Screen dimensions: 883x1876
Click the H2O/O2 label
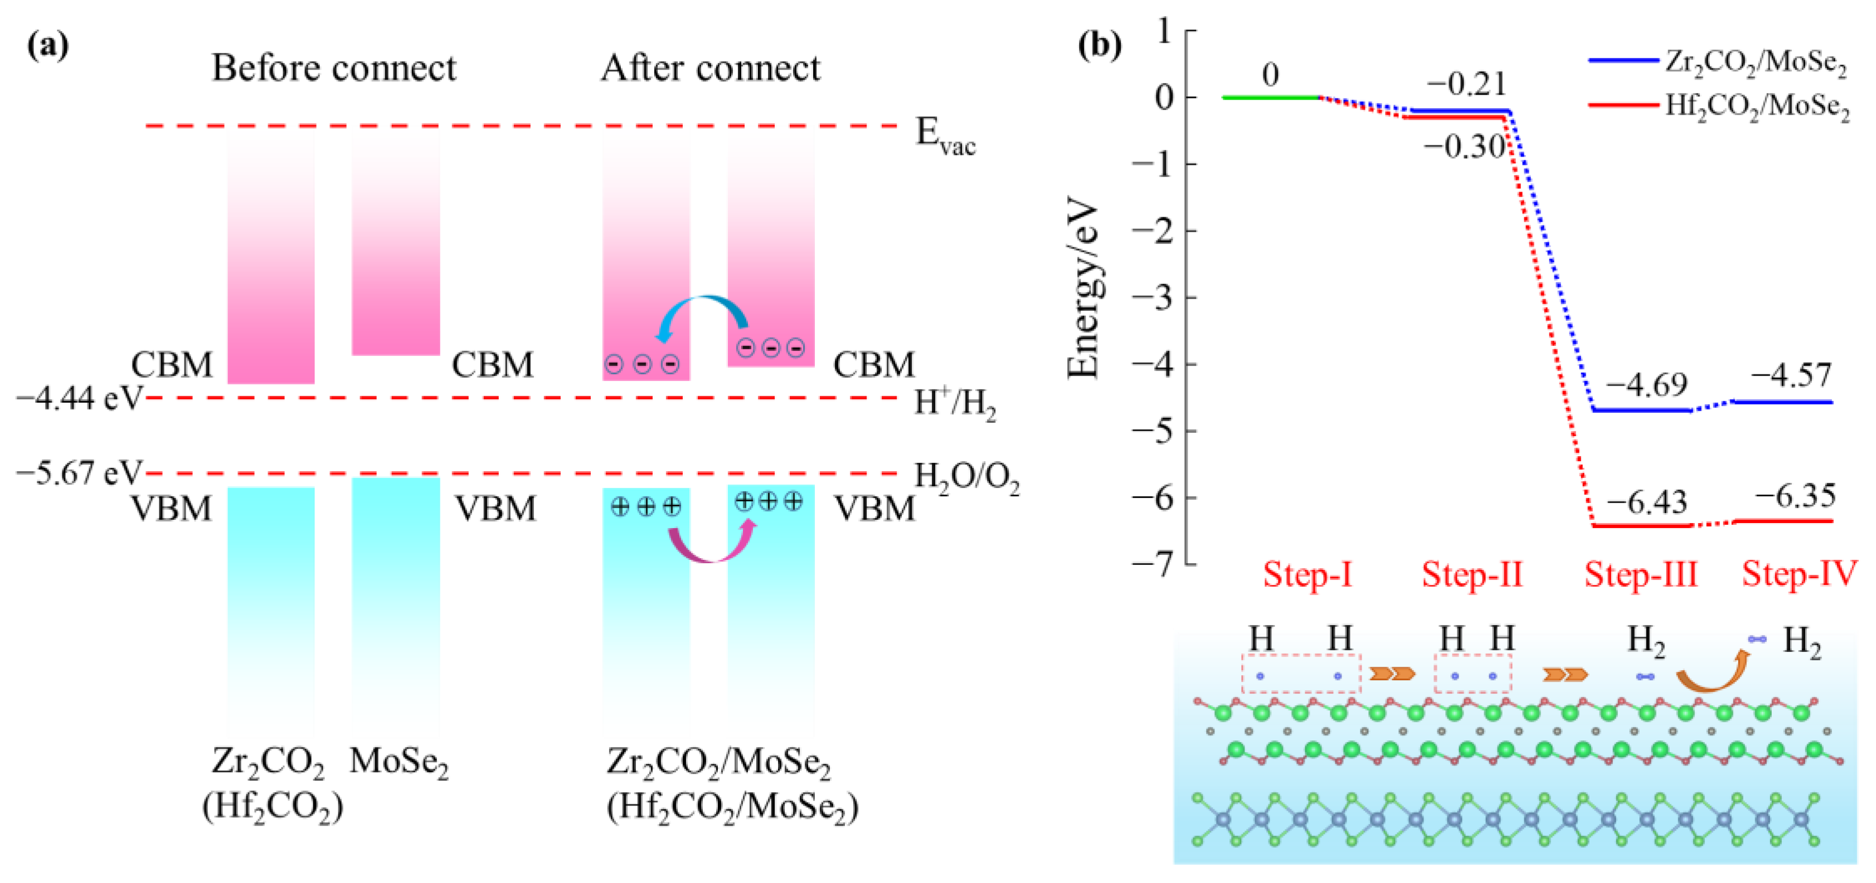tap(966, 477)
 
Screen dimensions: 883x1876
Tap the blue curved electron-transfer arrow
tap(702, 311)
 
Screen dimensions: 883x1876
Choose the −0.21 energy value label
tap(1466, 85)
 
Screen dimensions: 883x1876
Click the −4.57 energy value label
tap(1791, 375)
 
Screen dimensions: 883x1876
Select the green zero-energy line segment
tap(1271, 97)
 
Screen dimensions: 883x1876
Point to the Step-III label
tap(1641, 575)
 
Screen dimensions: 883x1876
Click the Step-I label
tap(1307, 575)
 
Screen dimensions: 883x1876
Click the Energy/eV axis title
tap(1083, 287)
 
